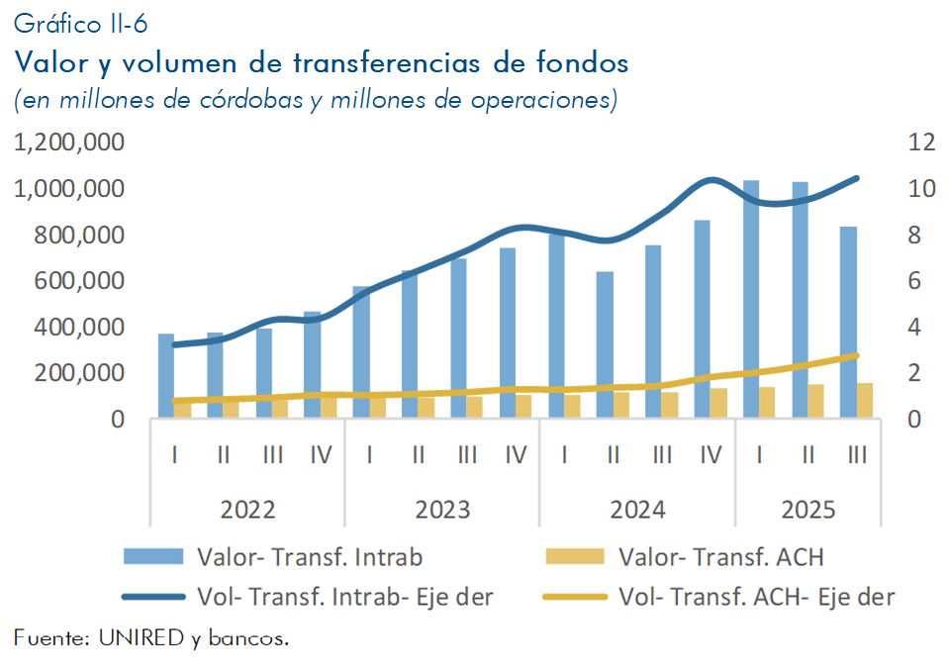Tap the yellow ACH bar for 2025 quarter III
pyautogui.click(x=865, y=400)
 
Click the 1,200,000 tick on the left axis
pyautogui.click(x=69, y=143)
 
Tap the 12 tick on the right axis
pyautogui.click(x=921, y=143)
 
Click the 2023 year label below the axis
pyautogui.click(x=442, y=510)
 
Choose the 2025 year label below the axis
pyautogui.click(x=808, y=510)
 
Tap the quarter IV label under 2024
pyautogui.click(x=711, y=455)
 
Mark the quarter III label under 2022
pyautogui.click(x=272, y=455)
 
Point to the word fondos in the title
pyautogui.click(x=582, y=62)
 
